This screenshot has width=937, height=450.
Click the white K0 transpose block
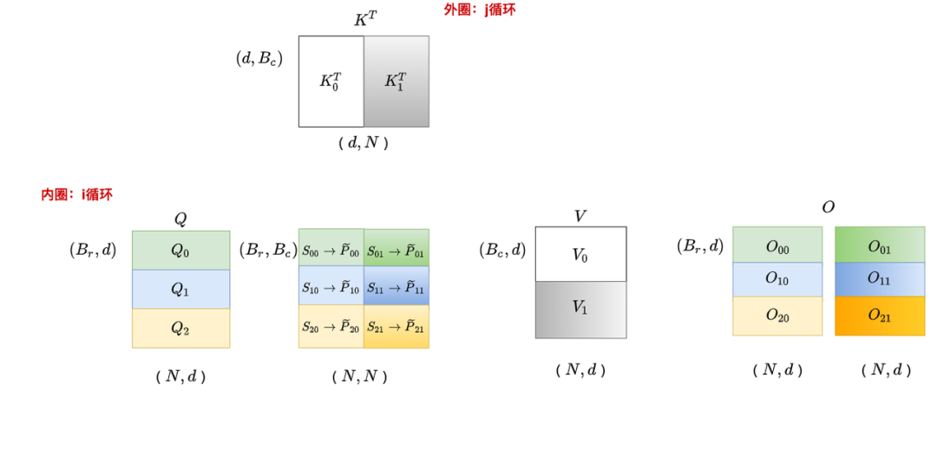pos(331,82)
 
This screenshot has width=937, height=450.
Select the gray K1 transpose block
pos(396,82)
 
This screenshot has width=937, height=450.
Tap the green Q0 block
pos(180,250)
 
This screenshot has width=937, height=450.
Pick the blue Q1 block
pos(180,289)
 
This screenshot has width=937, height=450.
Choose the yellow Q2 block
pos(180,328)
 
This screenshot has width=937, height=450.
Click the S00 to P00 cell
pos(331,251)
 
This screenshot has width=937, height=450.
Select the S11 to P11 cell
pos(396,288)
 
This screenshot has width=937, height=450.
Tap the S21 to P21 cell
pos(396,326)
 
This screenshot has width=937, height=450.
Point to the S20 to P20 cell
pos(331,326)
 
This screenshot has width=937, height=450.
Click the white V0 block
pos(580,254)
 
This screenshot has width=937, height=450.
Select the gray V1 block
pos(580,309)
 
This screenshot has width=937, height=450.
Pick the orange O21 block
pos(880,316)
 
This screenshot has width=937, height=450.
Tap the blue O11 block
pos(880,280)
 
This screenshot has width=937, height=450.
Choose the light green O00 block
pos(777,246)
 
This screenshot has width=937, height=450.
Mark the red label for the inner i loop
pos(76,194)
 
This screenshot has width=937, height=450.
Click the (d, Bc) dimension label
pos(259,59)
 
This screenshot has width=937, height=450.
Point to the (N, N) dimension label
pos(359,376)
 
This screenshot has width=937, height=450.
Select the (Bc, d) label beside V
pos(502,250)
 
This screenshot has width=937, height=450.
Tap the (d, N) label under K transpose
pos(363,143)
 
